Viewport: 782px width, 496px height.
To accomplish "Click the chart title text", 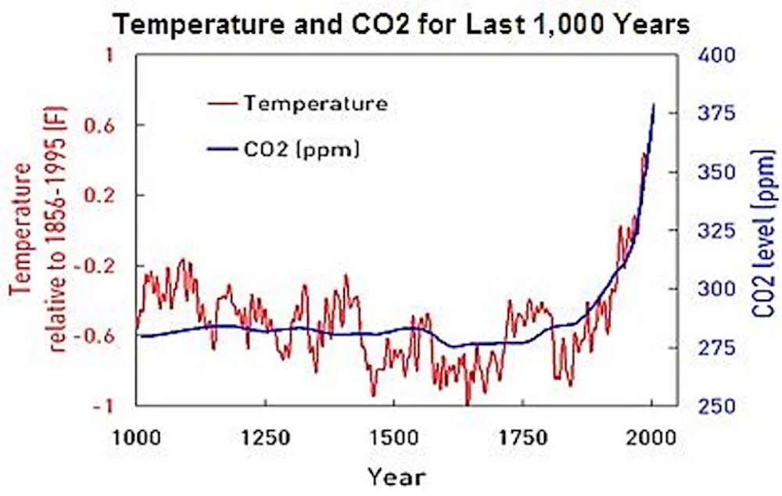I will tap(404, 25).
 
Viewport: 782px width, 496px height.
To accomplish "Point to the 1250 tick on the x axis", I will tap(266, 437).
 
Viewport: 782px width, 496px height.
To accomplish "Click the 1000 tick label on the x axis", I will tap(138, 437).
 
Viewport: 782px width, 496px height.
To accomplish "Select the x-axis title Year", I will tap(396, 475).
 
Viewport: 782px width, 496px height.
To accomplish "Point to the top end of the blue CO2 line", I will tap(654, 104).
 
